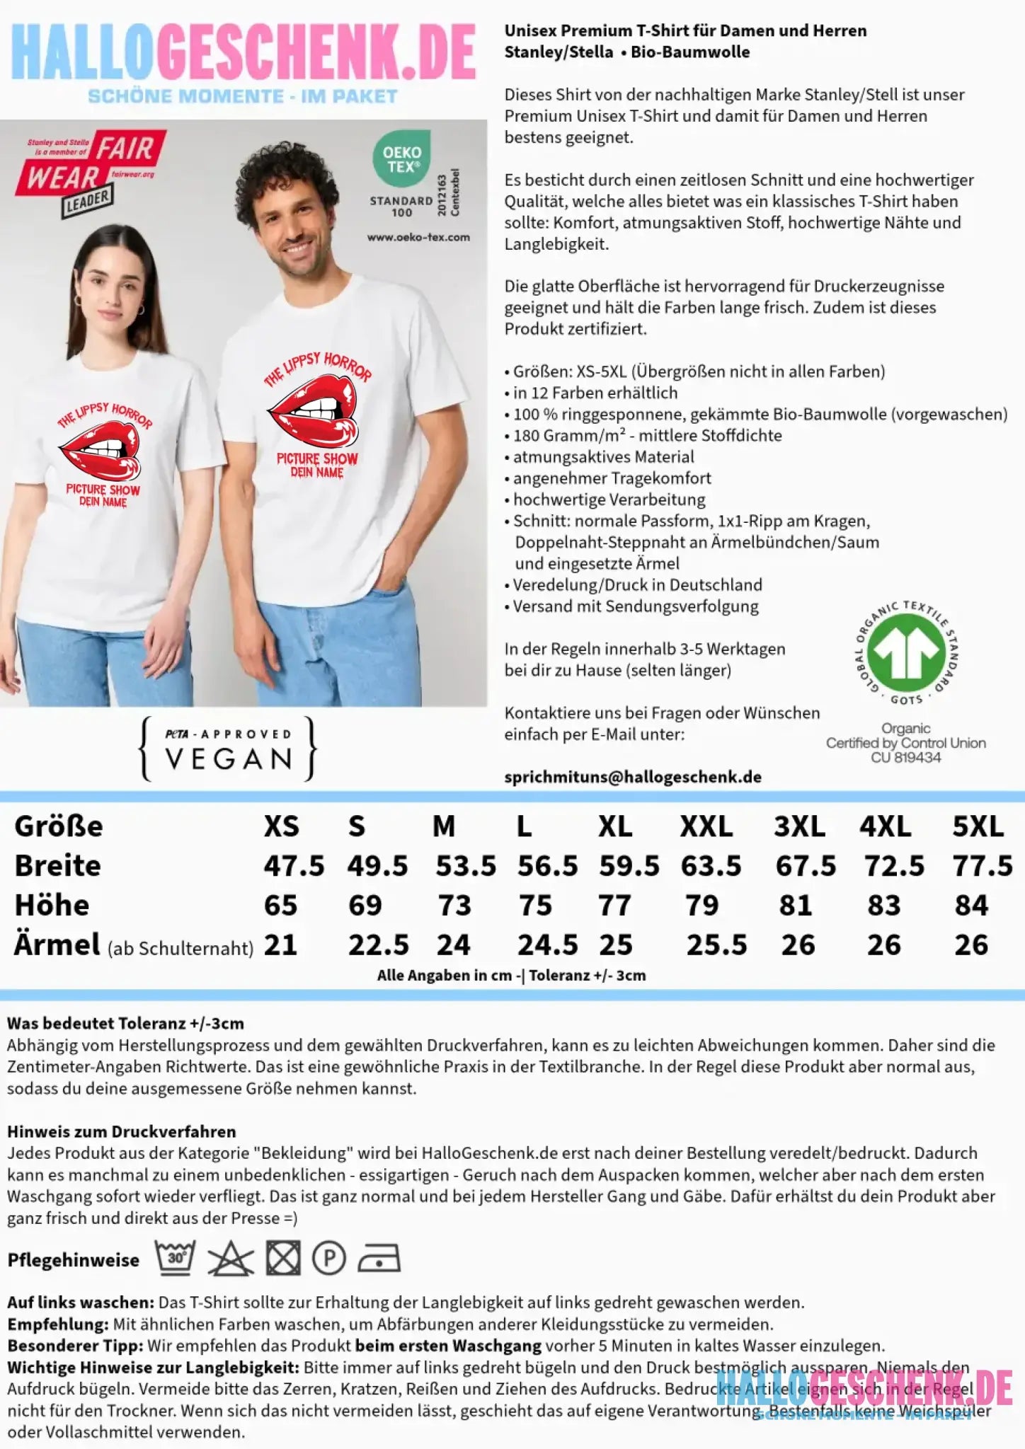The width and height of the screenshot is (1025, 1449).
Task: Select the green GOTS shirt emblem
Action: click(906, 653)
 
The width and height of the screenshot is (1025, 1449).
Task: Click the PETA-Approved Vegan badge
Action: click(228, 749)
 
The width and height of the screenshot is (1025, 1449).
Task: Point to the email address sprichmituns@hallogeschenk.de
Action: click(633, 777)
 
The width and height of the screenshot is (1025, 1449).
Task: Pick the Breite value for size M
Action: click(465, 866)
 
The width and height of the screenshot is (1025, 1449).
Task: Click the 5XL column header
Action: click(978, 826)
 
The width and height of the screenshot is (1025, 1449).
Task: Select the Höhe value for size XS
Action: click(280, 906)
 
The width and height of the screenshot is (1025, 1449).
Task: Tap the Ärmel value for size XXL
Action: click(716, 945)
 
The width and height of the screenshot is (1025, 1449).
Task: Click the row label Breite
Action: click(58, 866)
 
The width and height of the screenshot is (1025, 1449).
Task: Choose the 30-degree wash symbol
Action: click(175, 1257)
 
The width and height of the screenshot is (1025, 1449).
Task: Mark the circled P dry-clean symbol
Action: click(329, 1259)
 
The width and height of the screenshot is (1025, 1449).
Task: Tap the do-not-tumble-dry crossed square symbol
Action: click(282, 1258)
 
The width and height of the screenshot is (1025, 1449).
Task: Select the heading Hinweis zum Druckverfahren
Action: click(121, 1131)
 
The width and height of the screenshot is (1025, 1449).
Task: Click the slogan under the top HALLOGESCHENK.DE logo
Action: click(242, 97)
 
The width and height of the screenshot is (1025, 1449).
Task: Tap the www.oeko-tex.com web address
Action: click(418, 237)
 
